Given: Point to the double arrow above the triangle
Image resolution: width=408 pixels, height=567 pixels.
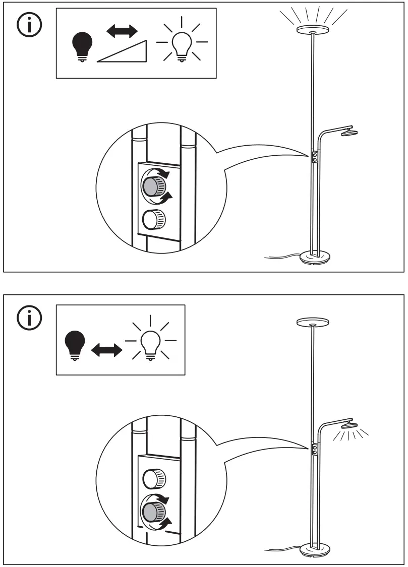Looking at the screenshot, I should click(122, 31).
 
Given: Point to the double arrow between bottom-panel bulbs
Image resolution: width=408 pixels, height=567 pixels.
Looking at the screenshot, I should click(106, 349).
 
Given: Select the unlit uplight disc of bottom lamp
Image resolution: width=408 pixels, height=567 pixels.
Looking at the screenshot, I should click(313, 322).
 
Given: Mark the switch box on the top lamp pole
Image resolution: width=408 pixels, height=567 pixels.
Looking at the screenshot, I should click(315, 157).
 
